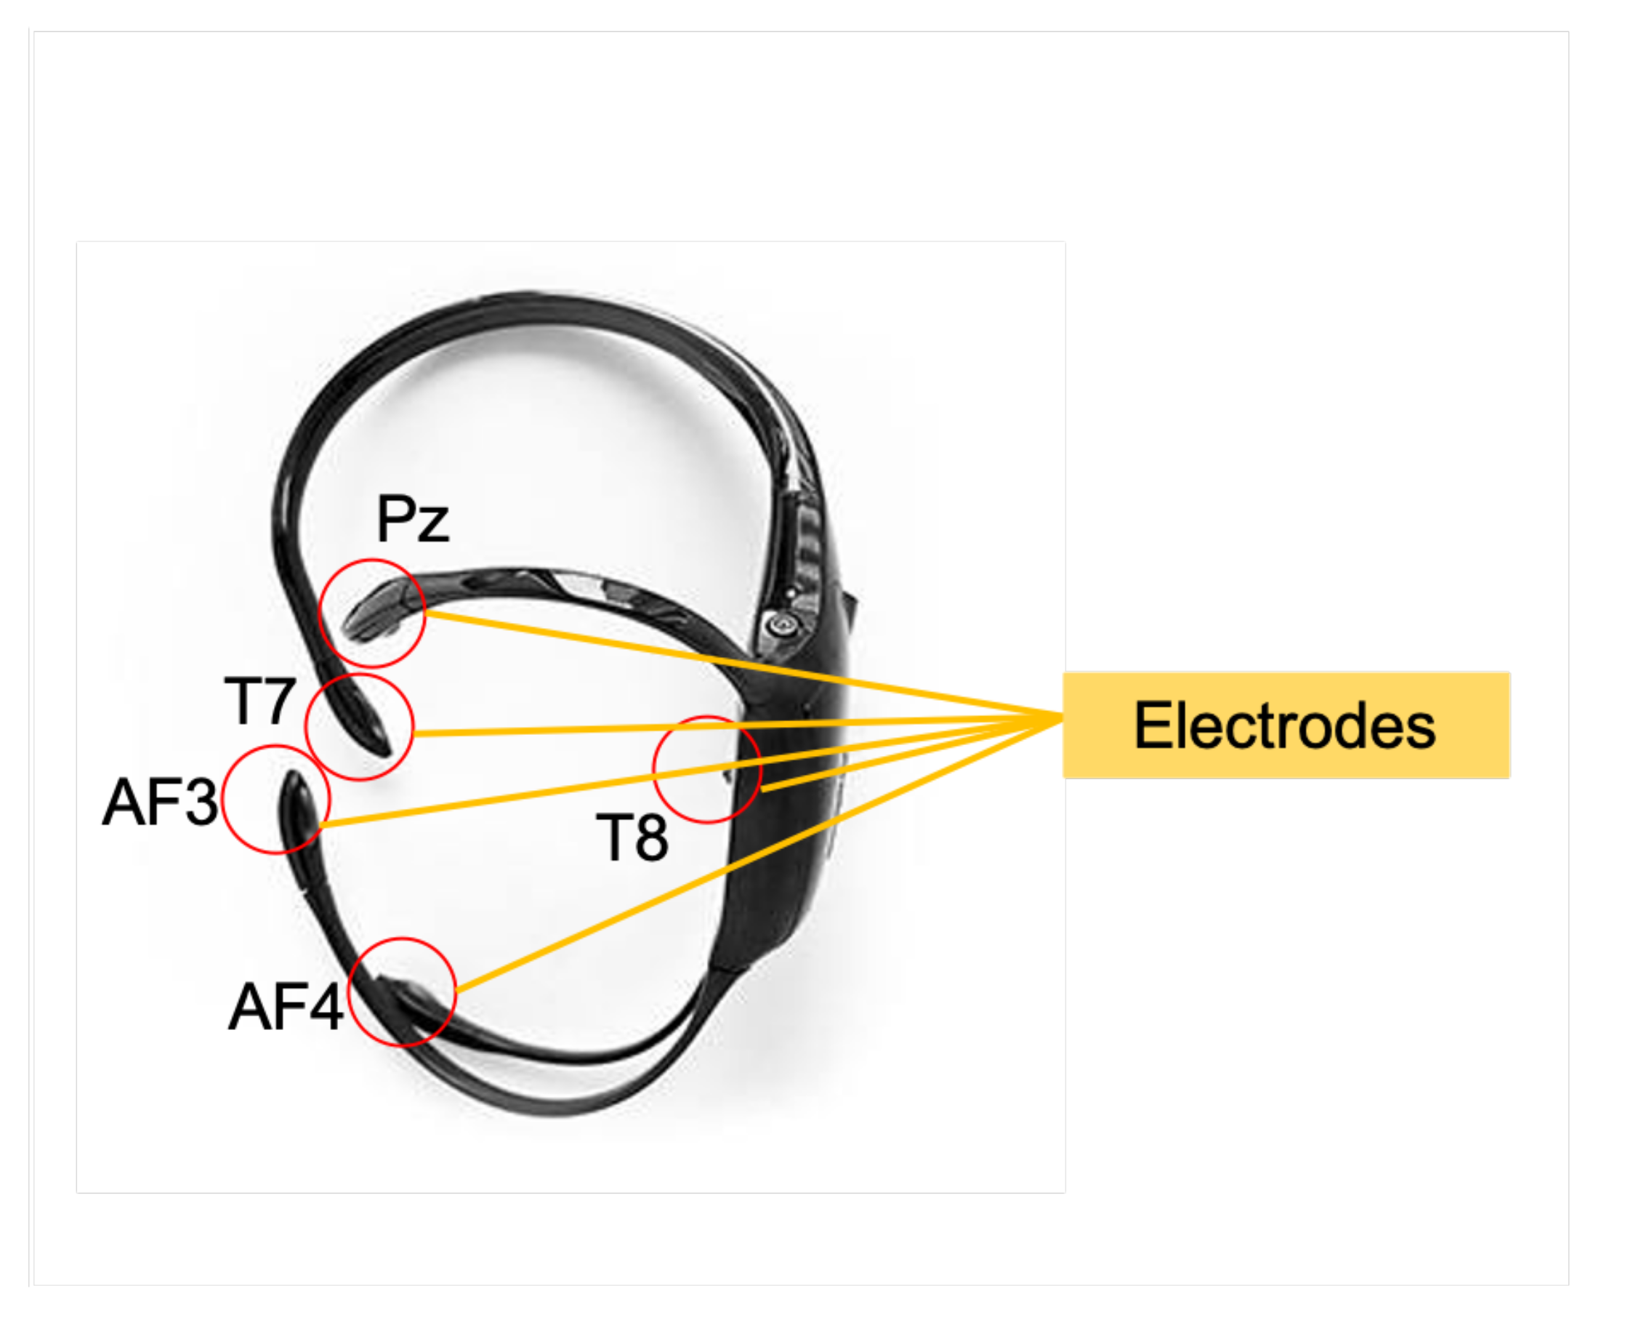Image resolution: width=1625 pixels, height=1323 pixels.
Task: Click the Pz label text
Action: point(412,519)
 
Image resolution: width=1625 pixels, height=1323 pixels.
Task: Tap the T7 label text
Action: point(259,701)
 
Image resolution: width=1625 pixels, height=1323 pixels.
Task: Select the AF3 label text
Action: point(160,803)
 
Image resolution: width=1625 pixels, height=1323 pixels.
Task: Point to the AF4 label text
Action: point(286,1007)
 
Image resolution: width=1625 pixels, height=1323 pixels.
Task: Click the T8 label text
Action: point(632,837)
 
